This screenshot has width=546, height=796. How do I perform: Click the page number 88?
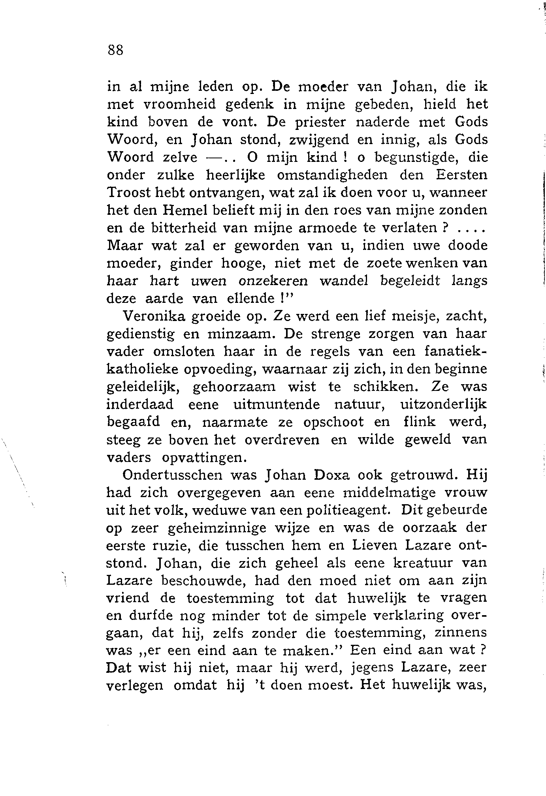[x=115, y=51]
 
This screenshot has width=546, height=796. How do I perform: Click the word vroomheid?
[x=179, y=104]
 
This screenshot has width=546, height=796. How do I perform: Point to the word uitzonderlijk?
[x=444, y=405]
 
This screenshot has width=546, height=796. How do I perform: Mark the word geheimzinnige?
[x=212, y=528]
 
